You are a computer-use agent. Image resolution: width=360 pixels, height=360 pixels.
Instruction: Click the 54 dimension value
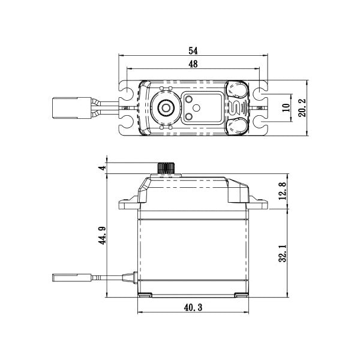(193, 50)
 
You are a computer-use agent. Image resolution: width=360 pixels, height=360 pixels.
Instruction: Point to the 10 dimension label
(286, 108)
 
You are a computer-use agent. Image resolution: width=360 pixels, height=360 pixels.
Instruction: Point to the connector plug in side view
(63, 277)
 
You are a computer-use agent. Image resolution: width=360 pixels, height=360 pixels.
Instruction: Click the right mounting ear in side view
(259, 203)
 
